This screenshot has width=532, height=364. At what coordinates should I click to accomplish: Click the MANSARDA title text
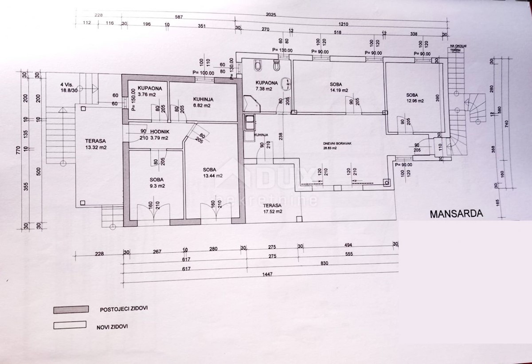click(x=455, y=213)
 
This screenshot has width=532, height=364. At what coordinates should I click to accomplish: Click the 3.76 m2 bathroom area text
click(x=147, y=94)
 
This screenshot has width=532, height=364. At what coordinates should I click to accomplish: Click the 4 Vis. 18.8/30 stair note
click(x=68, y=86)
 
